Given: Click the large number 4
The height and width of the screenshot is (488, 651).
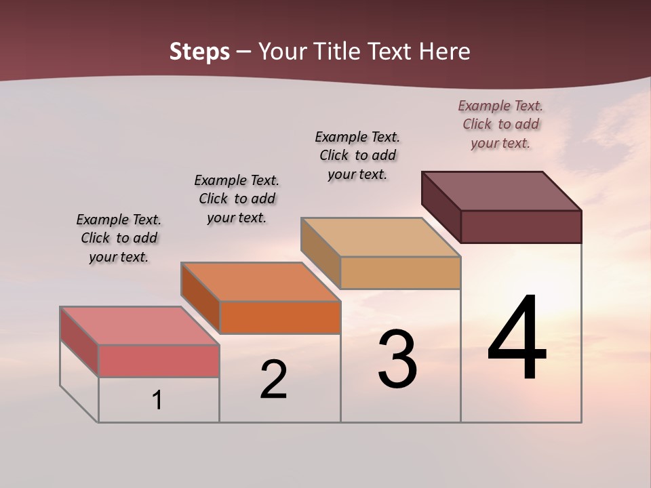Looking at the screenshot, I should (x=517, y=339).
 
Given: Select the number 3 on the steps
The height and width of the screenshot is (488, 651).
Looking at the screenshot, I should (x=397, y=360).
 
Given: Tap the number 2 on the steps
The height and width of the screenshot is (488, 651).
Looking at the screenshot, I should (x=273, y=380).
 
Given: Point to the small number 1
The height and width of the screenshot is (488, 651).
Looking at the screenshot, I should (x=157, y=401).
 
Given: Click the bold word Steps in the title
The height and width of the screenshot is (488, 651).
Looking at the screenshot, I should (x=199, y=52).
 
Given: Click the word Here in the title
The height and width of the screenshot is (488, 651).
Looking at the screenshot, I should (x=444, y=52).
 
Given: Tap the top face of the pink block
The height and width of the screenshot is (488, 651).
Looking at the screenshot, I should (x=140, y=325).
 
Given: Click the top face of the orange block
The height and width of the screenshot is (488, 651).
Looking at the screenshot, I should (x=260, y=281).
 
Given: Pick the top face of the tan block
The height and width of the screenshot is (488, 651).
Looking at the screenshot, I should (x=381, y=237).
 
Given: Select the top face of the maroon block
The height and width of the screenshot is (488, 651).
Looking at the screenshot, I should (x=502, y=191).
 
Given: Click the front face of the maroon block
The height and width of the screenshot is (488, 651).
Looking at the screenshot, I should (x=521, y=226).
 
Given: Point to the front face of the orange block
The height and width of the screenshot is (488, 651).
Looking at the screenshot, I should (x=280, y=317).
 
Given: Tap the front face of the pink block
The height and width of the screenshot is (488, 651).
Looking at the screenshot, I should (x=159, y=361).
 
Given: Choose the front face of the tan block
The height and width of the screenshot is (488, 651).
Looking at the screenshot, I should (x=400, y=272).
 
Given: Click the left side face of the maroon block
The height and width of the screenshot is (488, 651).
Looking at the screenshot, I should (x=441, y=206).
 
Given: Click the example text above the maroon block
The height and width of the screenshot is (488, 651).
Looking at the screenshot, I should (x=500, y=124).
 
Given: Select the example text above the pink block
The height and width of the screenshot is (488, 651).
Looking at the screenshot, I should (x=119, y=238).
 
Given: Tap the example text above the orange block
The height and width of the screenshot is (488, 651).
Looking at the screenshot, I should (x=237, y=199).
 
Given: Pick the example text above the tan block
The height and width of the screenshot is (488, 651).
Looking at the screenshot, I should (x=357, y=155).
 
